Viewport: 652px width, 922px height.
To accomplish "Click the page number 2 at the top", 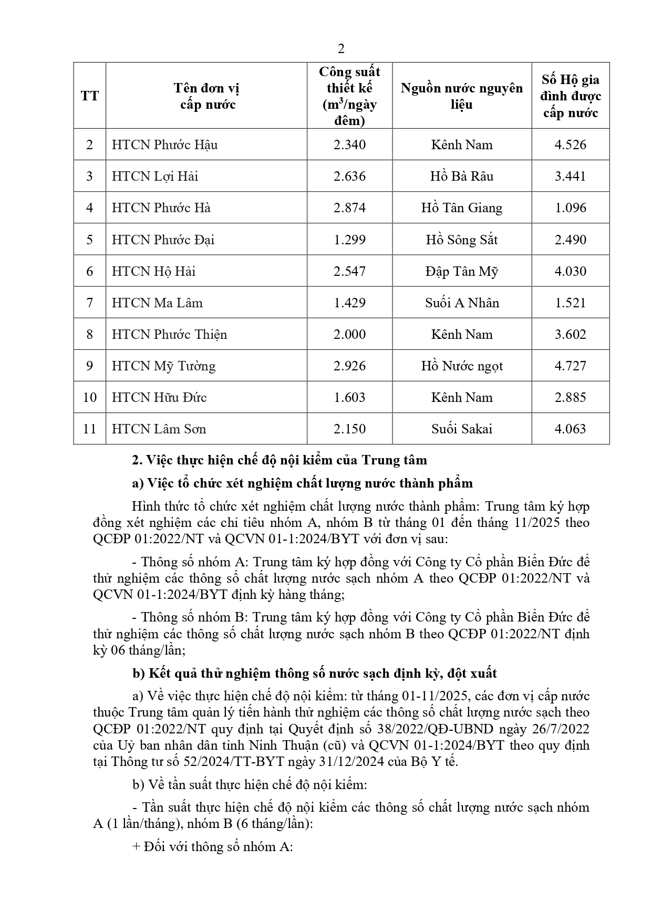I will (x=341, y=49).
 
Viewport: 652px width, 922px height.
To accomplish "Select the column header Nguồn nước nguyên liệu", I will (x=462, y=96).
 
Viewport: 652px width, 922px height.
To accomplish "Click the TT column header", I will (x=90, y=96).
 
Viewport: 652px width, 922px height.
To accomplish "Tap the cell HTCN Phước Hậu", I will (x=164, y=144).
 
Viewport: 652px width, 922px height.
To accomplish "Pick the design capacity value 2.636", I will (x=349, y=176).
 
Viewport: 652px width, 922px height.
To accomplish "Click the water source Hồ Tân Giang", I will (x=462, y=208).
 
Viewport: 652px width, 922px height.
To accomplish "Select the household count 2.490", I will (x=570, y=240).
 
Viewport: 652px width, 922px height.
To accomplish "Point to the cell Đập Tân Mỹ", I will (x=462, y=271).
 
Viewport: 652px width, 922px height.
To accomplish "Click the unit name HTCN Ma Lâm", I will (x=157, y=303).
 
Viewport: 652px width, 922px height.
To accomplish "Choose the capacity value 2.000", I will (x=349, y=334).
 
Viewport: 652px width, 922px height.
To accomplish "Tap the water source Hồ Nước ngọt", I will (x=462, y=366).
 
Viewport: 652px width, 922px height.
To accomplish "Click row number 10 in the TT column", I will (x=90, y=397).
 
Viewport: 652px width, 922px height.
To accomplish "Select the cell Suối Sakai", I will (x=462, y=429).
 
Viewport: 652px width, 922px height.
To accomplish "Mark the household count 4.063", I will (x=570, y=429).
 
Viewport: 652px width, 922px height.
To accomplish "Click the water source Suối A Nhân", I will (x=462, y=303).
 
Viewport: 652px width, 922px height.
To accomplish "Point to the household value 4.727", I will (x=570, y=366).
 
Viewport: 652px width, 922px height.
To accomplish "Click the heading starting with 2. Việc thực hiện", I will (x=279, y=460).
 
